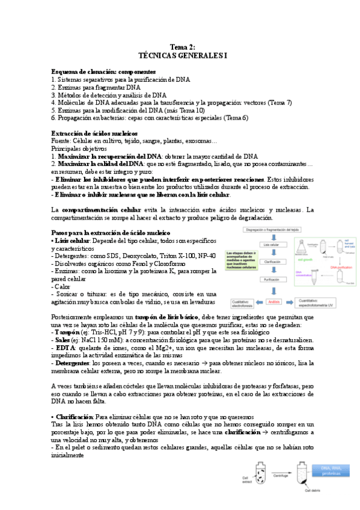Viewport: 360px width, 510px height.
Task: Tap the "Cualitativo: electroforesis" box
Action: coord(237,304)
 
